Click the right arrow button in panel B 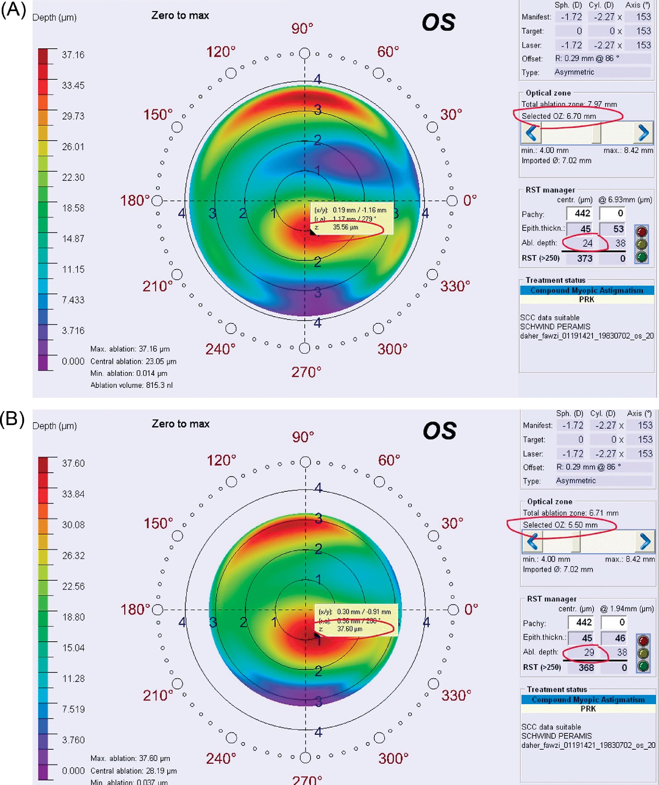click(x=645, y=542)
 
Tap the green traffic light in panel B click(x=643, y=666)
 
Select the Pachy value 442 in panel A click(x=579, y=214)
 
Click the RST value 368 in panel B click(x=586, y=668)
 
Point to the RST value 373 click(x=585, y=258)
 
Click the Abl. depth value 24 click(x=587, y=243)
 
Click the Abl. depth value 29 click(x=589, y=652)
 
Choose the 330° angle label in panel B click(x=456, y=696)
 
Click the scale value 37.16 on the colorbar click(x=73, y=55)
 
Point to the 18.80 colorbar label click(x=74, y=617)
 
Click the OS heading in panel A click(x=438, y=23)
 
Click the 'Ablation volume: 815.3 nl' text click(x=132, y=385)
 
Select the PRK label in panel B click(x=588, y=709)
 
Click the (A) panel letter click(x=13, y=11)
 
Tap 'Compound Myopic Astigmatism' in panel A click(x=587, y=290)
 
